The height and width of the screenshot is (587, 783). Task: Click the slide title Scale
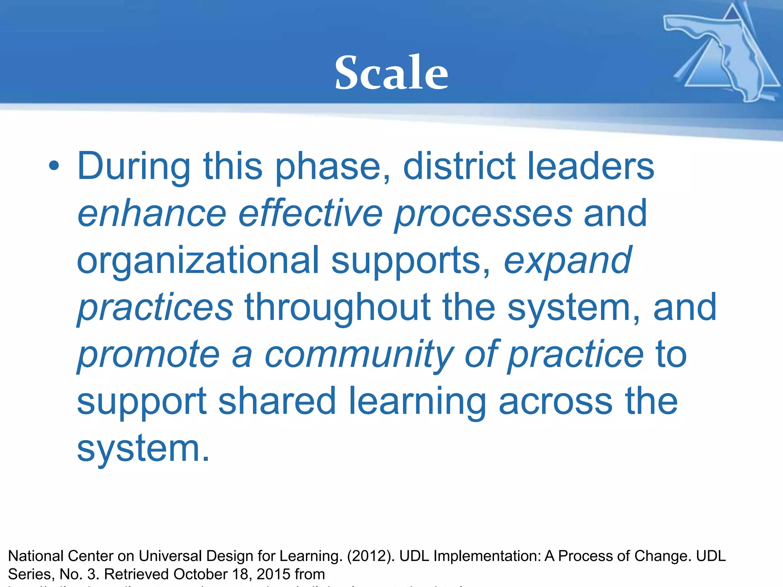[391, 73]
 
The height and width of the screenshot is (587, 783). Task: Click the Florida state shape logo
[723, 54]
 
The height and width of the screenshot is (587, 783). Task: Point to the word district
[459, 167]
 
